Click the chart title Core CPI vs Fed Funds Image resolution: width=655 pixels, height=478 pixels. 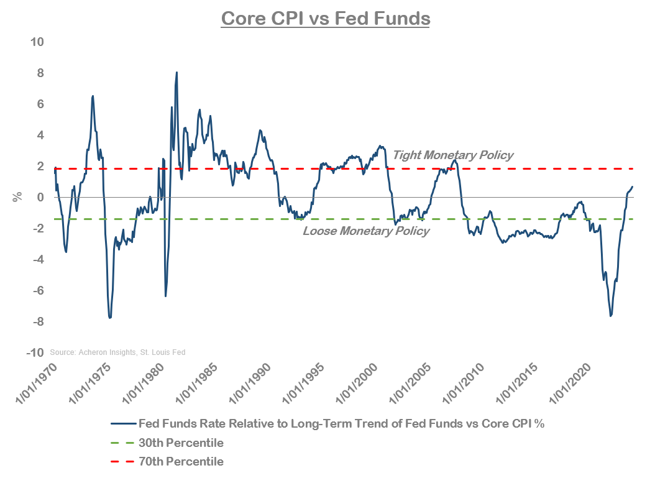326,18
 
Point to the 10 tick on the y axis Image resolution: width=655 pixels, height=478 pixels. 37,42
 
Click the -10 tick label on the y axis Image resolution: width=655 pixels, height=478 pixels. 35,352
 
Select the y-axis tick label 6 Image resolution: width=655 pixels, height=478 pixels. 40,104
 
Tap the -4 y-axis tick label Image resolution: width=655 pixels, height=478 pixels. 37,260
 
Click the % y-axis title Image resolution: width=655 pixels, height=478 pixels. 17,197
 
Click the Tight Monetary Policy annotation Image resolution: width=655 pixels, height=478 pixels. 453,155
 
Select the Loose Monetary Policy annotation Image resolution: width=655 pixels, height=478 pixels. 366,231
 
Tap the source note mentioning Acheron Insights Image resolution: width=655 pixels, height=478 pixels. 117,352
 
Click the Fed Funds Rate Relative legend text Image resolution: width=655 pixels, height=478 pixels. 341,425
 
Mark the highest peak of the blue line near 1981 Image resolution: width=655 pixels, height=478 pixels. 177,72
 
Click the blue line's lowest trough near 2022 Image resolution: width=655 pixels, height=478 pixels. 611,316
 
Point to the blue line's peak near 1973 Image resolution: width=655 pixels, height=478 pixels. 93,96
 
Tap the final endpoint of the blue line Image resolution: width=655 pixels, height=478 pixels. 633,186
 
